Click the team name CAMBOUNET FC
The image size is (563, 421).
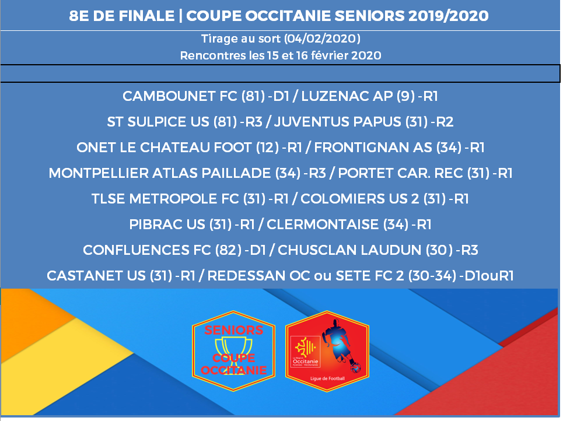[x=180, y=96]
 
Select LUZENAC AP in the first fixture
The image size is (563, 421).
[x=347, y=96]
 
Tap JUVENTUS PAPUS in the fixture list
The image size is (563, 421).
[x=338, y=122]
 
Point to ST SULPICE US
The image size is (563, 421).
[x=158, y=122]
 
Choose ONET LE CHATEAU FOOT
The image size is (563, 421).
[x=164, y=148]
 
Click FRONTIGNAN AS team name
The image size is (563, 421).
[x=373, y=148]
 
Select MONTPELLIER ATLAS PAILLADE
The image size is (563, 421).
[x=160, y=173]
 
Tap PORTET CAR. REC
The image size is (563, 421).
[x=400, y=173]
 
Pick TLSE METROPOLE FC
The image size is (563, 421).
[x=165, y=199]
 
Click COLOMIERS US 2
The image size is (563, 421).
[x=360, y=199]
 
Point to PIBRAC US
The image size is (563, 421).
[x=167, y=224]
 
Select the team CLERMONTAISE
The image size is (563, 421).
[x=323, y=224]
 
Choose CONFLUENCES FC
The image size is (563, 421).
[x=147, y=250]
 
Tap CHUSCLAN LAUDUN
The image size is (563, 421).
[x=349, y=250]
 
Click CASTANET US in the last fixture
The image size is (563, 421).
[x=96, y=276]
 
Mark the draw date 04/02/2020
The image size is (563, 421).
[x=322, y=38]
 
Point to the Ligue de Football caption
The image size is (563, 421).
[x=327, y=378]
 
